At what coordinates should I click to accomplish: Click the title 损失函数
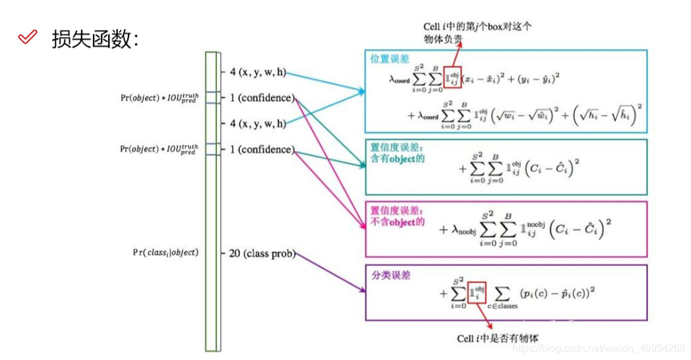95,39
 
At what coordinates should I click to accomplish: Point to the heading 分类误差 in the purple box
391,275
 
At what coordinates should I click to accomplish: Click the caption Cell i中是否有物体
498,338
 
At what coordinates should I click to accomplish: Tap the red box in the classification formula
477,293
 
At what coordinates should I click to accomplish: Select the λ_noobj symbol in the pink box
462,230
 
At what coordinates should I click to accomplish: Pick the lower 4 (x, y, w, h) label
258,123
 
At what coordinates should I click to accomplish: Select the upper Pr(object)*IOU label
159,97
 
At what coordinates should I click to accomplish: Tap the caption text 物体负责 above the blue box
443,40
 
